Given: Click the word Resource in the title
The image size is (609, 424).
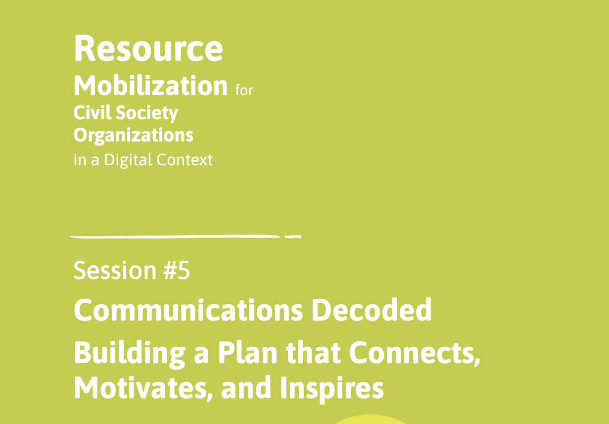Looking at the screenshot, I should tap(148, 48).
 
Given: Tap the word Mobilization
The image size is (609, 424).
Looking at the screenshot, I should tap(150, 86).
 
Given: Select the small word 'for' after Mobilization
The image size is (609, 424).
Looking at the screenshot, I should tap(244, 91).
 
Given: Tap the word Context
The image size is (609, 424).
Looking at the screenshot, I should tap(185, 160).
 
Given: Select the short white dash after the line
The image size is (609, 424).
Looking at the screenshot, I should tap(293, 237).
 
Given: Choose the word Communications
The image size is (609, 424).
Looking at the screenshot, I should tap(188, 310).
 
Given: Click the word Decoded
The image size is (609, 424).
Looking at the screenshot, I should tap(371, 310).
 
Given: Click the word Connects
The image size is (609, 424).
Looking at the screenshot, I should tap(411, 353).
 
